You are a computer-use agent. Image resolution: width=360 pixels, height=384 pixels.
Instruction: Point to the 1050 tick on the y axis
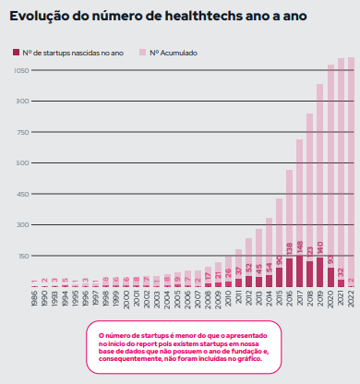coord(19,70)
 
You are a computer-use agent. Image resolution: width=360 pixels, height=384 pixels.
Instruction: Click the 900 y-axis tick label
coord(21,102)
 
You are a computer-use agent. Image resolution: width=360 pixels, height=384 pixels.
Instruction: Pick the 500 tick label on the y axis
coord(21,163)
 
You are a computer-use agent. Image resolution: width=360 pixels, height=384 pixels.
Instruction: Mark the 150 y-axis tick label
coord(21,256)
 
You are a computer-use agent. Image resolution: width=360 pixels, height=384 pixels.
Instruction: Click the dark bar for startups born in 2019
coord(320,271)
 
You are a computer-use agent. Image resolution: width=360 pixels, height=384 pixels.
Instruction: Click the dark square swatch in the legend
coord(15,54)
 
